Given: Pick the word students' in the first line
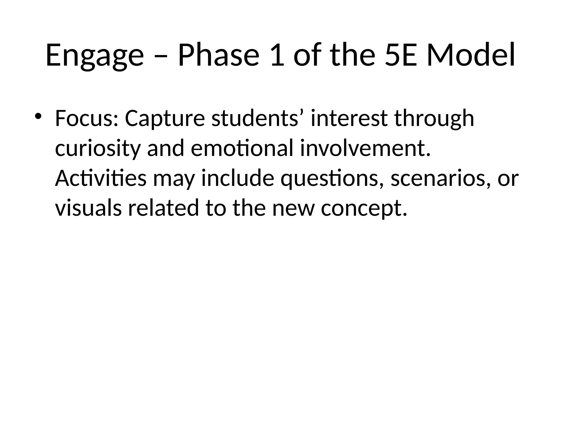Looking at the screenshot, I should pyautogui.click(x=255, y=118).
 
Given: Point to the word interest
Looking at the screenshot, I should pyautogui.click(x=349, y=118).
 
